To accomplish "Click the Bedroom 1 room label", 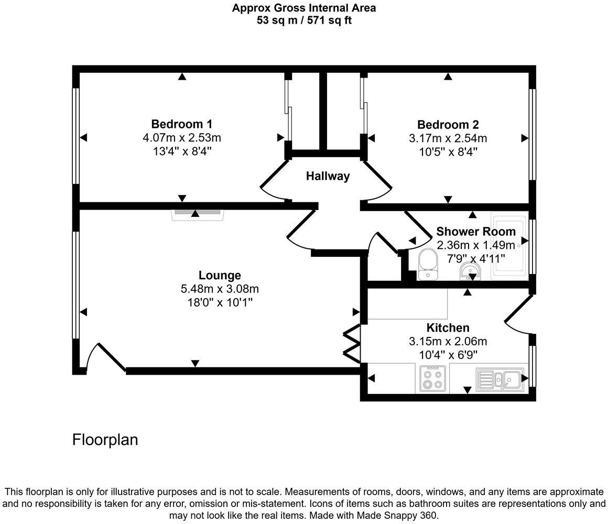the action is coord(181,124).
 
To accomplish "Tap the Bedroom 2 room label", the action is coord(448,125).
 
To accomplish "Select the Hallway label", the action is coord(328,176).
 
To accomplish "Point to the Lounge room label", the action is coord(220,275).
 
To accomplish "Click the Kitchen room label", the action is coord(448,328).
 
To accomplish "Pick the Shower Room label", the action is coord(475,232).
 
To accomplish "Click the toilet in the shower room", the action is coord(428,262).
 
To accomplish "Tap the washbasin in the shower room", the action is coord(470,271).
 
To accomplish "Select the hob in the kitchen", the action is coord(432,378).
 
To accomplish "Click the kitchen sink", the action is coord(500,379).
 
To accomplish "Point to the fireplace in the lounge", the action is coord(198,213).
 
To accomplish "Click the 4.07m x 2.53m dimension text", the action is coord(181,138).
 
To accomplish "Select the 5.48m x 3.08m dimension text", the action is coord(220,289).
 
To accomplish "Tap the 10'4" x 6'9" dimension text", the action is coord(448,355).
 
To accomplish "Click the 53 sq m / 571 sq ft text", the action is coord(303,20).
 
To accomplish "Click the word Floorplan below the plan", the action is coord(105,440).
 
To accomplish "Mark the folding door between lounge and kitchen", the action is coord(352,344).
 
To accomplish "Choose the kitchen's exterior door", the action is coord(519,314).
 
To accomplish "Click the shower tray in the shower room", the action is coord(510,245).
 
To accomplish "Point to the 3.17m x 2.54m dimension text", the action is coord(448,138).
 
